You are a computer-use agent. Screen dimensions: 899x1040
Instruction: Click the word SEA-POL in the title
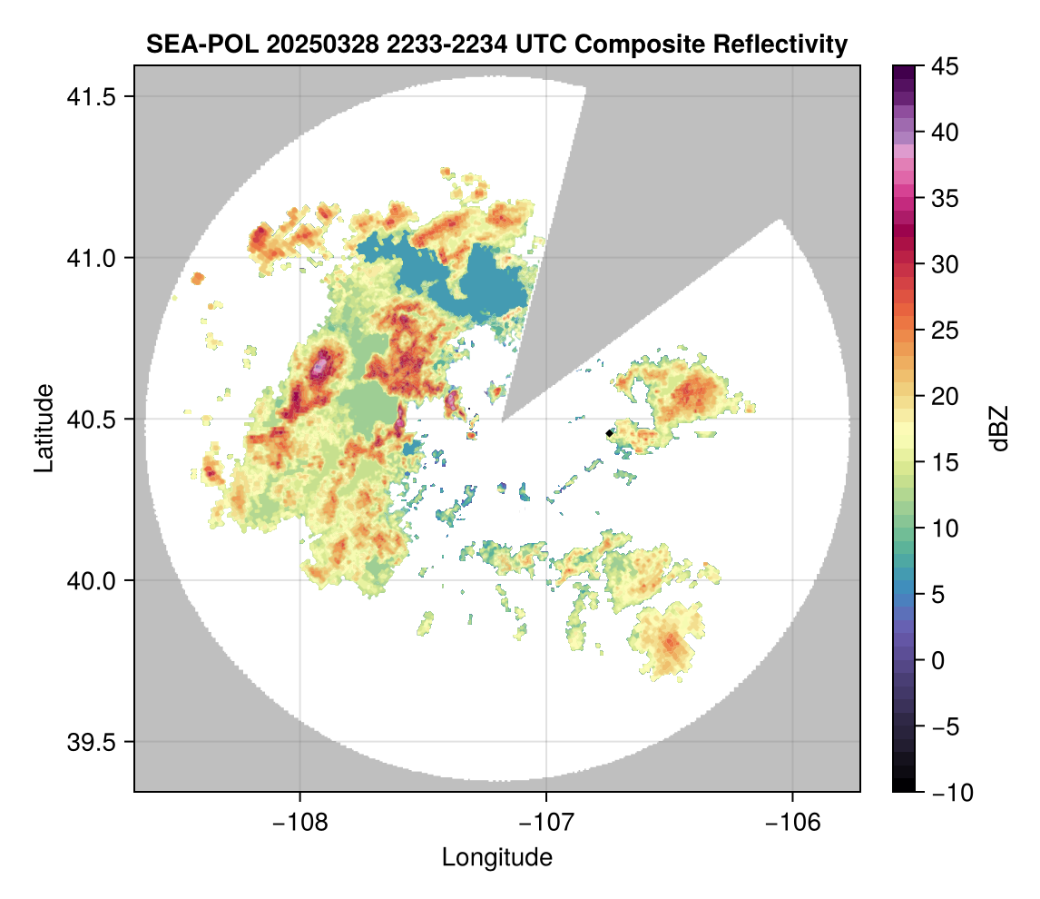point(191,44)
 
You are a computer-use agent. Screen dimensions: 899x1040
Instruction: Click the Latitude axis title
point(43,428)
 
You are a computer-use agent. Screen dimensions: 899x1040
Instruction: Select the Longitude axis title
point(497,857)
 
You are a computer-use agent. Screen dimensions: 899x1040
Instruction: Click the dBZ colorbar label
point(999,428)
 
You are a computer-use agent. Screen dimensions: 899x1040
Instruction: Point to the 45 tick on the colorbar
point(945,66)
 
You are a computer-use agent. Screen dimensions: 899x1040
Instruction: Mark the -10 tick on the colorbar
point(945,793)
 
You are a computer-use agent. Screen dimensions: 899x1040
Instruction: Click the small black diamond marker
point(609,433)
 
